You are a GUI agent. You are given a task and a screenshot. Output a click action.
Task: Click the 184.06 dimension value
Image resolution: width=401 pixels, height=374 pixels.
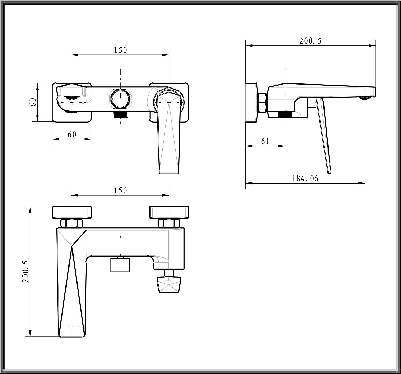point(305,178)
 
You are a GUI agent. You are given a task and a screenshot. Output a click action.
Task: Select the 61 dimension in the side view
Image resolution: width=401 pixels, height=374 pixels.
point(265,141)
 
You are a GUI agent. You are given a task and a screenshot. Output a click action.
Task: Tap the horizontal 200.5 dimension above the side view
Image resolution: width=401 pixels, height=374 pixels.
point(310,41)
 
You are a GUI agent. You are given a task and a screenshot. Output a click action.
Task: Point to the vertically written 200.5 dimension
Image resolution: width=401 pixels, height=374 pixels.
point(26,272)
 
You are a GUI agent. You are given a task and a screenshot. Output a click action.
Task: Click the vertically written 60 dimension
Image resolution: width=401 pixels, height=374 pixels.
point(33,102)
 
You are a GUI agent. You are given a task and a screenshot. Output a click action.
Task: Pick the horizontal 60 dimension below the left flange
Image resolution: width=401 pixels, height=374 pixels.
point(72,135)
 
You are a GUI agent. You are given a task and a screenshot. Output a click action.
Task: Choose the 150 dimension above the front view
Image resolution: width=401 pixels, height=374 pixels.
point(120,50)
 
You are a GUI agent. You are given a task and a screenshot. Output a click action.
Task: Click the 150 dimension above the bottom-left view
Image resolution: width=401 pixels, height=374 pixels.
point(120,191)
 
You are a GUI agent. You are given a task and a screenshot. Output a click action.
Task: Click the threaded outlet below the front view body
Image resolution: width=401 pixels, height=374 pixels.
point(121,115)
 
